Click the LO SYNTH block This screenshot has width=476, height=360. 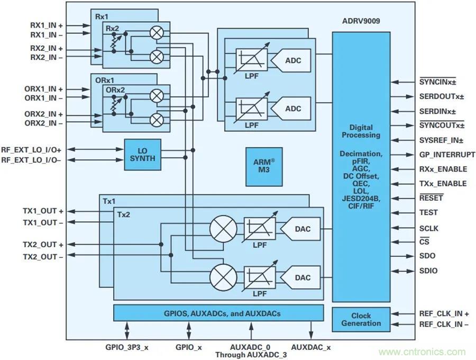tap(142, 154)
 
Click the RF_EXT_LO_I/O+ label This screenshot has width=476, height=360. tap(35, 150)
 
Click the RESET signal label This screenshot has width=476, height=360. tap(431, 198)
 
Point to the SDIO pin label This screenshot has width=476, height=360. tap(428, 271)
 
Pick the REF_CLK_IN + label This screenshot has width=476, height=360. tap(444, 313)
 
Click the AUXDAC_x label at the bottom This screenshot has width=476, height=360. tap(311, 347)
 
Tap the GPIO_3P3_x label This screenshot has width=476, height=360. tap(127, 347)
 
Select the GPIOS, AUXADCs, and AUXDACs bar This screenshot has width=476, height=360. tap(218, 313)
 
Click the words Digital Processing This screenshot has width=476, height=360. tap(361, 131)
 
